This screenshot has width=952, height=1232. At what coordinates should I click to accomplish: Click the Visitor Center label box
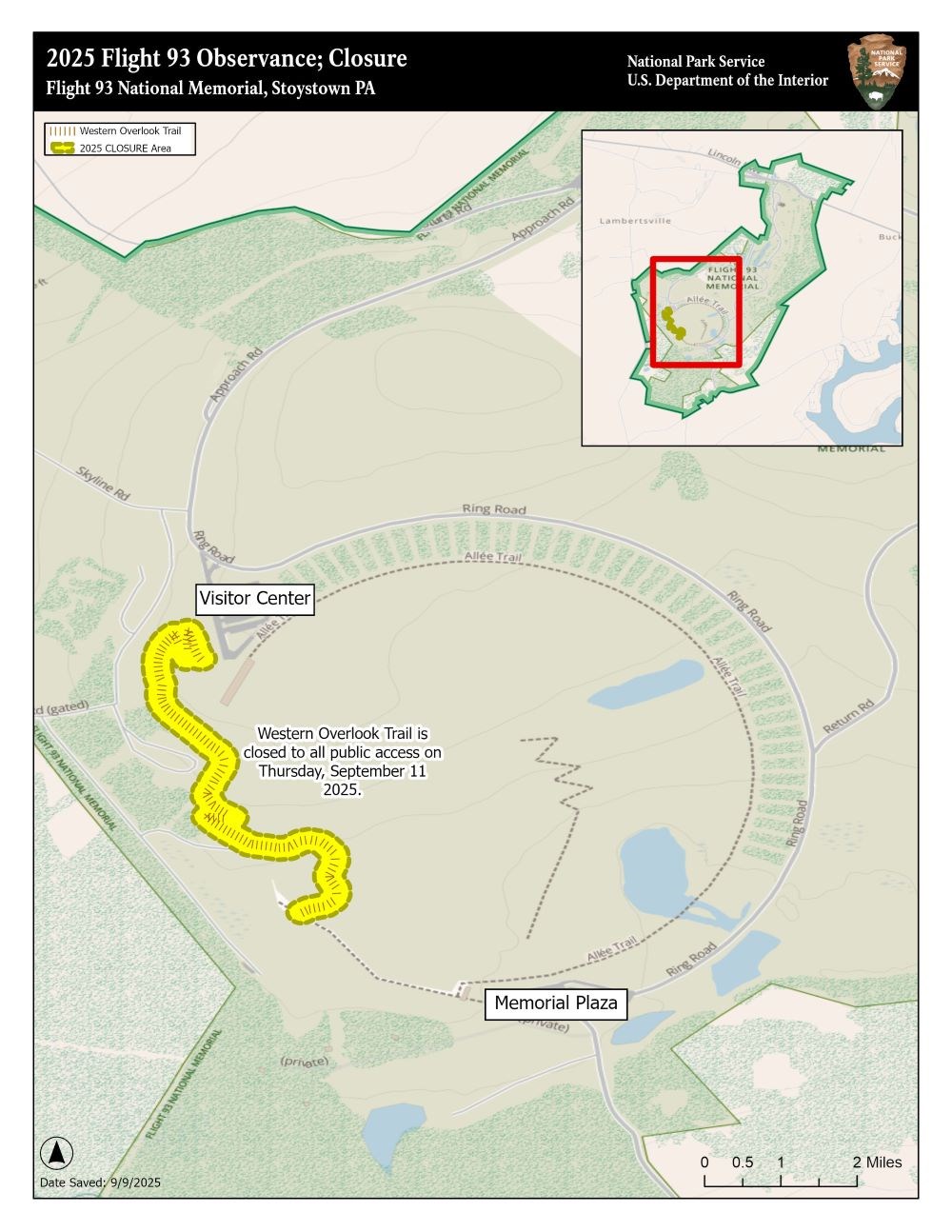(254, 599)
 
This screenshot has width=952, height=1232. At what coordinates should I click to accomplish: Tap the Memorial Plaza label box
(556, 1003)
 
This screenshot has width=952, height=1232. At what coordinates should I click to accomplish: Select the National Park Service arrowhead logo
(876, 71)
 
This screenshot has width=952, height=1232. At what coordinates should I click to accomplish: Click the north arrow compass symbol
(57, 1153)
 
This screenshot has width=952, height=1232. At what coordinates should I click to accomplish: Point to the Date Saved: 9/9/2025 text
(100, 1182)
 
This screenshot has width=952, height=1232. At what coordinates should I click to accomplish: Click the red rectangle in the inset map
(696, 310)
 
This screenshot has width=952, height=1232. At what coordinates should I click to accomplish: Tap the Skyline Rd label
(104, 485)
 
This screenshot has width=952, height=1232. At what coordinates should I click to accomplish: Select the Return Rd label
(847, 717)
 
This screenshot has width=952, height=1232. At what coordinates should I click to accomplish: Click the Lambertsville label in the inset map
(635, 221)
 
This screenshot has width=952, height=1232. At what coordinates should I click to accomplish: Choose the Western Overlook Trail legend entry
(129, 130)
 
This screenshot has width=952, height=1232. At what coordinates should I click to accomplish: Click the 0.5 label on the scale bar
(743, 1162)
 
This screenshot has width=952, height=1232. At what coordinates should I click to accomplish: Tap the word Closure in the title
(367, 59)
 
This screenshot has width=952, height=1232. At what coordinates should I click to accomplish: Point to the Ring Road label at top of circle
(494, 509)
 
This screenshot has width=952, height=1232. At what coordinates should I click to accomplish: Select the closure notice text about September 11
(343, 762)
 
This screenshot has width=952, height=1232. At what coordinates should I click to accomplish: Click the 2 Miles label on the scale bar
(877, 1162)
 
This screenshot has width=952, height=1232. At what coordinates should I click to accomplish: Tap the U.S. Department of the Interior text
(727, 81)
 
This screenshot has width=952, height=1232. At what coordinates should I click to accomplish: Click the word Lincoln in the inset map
(724, 155)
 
